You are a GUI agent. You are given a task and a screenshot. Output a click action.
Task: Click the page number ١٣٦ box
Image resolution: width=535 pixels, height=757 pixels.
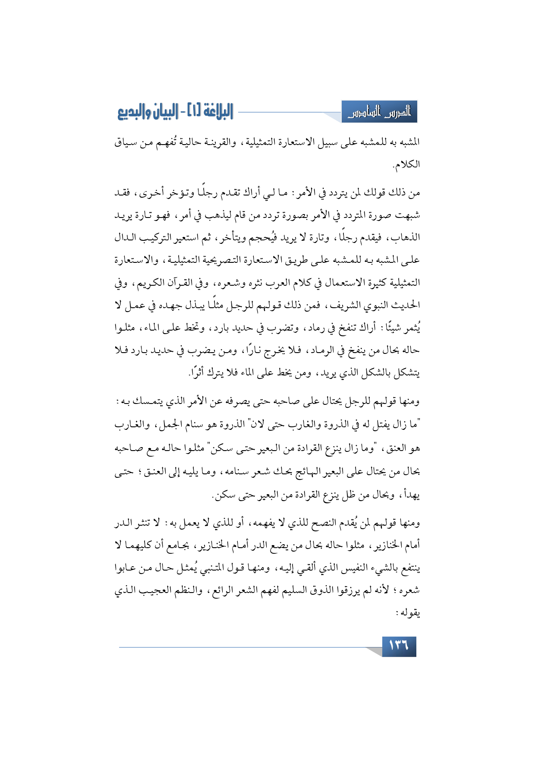(399, 646)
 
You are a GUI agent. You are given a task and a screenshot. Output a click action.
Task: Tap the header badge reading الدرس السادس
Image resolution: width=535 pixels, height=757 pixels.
(380, 112)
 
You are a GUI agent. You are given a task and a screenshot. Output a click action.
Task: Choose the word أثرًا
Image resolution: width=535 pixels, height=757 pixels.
(198, 373)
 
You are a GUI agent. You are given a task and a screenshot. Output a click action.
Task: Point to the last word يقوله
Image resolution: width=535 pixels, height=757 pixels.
(410, 612)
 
